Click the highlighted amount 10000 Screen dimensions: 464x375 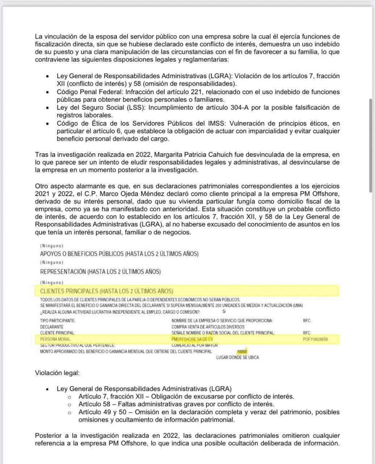click(242, 351)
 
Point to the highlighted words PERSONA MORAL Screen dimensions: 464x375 click(53, 339)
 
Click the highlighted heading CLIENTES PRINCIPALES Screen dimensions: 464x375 click(107, 291)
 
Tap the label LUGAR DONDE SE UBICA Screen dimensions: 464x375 click(237, 357)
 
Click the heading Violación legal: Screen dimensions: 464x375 click(57, 373)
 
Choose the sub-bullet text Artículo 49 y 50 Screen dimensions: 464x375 click(101, 412)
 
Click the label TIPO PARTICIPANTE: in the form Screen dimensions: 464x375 click(58, 320)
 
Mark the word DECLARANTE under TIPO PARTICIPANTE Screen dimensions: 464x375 click(51, 327)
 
